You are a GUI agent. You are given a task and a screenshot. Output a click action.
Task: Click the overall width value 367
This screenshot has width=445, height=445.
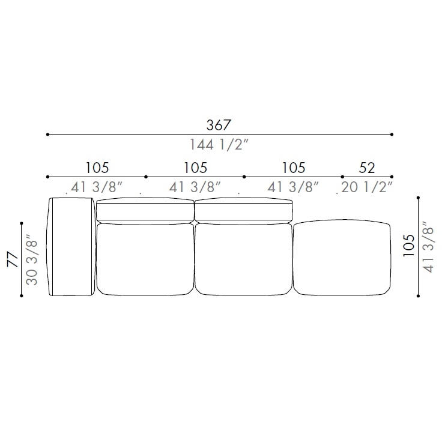219,125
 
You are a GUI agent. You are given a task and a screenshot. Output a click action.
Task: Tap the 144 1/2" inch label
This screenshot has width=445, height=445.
219,145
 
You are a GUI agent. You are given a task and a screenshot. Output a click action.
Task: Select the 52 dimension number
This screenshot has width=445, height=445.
367,168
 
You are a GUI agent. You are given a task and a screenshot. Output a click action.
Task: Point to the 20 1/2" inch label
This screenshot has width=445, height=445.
367,187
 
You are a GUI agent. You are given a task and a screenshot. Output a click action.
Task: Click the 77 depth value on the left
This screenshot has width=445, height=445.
13,259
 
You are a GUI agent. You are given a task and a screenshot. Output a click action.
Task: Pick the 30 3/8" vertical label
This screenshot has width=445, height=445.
31,259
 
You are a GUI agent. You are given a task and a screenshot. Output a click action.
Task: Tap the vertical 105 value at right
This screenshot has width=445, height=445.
409,246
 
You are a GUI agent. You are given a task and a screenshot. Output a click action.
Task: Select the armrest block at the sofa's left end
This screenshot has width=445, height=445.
71,247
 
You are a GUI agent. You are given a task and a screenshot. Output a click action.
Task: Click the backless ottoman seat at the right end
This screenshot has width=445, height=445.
342,258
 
